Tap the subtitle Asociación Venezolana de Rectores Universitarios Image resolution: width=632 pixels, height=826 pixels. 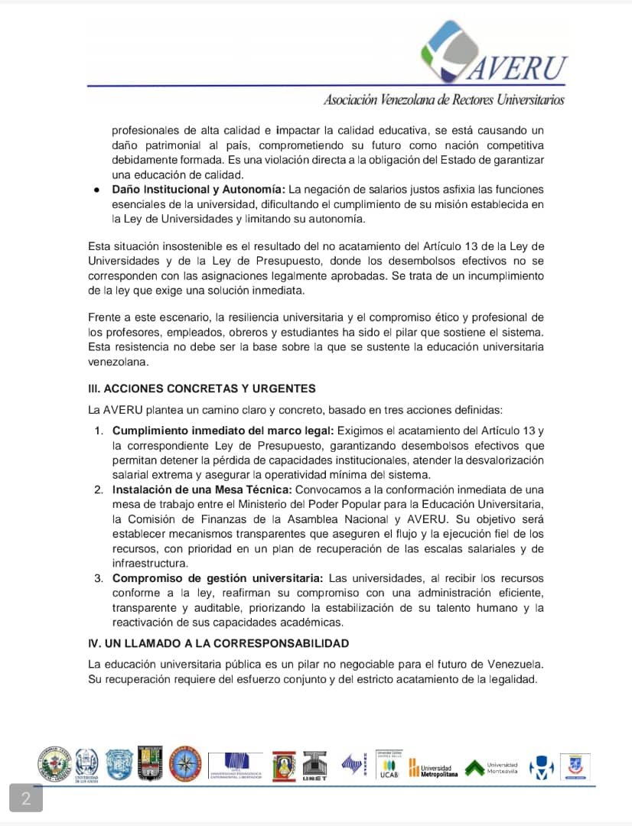tap(444, 99)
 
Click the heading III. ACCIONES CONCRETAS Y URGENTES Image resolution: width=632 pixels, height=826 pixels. tap(202, 389)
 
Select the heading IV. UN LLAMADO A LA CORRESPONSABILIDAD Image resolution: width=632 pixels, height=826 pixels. tap(219, 643)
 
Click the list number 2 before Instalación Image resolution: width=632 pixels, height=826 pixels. tap(99, 489)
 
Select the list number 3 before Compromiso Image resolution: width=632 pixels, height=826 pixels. tap(99, 577)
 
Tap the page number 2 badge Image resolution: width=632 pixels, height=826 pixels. tap(26, 799)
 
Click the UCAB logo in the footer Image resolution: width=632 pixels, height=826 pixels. tap(389, 766)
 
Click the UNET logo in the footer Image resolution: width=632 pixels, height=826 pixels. tap(314, 766)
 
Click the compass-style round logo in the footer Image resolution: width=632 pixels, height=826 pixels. tap(184, 764)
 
